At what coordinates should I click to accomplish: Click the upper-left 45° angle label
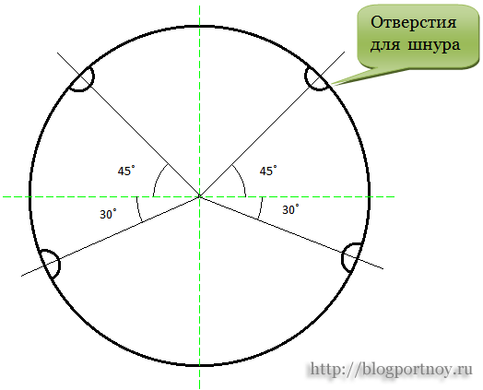point(126,171)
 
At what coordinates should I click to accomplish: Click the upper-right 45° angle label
point(268,171)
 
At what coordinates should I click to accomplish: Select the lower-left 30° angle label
point(108,214)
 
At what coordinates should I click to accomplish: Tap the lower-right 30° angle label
point(290,209)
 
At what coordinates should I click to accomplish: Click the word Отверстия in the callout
point(413,22)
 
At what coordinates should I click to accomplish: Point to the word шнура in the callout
point(434,45)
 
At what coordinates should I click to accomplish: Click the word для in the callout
point(385,45)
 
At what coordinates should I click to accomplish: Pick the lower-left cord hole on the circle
point(59,264)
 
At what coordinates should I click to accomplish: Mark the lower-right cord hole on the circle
point(343,257)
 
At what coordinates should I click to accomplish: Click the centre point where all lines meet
point(200,196)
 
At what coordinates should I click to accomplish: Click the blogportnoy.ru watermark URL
point(391,369)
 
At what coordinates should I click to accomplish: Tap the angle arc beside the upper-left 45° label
point(157,178)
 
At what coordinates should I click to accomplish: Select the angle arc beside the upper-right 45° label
point(241,178)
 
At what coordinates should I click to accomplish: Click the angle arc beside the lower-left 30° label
point(138,209)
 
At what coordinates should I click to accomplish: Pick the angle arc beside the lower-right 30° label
point(261,208)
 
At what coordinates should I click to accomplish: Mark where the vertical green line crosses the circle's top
point(200,27)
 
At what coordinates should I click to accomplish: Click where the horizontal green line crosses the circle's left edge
point(30,196)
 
